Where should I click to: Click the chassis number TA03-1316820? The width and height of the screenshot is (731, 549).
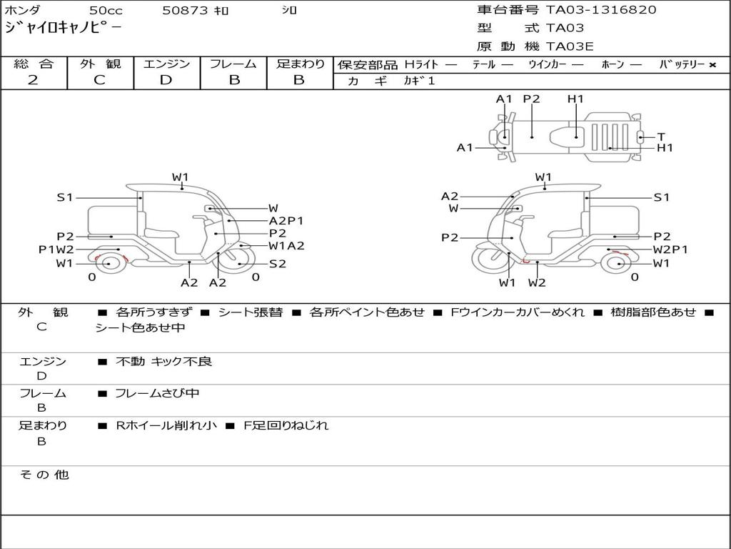point(601,10)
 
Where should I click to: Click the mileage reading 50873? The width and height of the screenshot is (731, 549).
point(185,11)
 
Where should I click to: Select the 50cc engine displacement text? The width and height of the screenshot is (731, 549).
point(106,11)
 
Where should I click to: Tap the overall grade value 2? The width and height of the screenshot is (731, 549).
point(33,80)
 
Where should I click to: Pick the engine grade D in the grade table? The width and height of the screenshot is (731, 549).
point(166,80)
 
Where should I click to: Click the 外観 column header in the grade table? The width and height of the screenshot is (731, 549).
point(100,64)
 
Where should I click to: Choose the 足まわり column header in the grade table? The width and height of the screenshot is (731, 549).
point(301,64)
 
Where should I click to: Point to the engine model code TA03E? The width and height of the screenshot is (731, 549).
point(570,47)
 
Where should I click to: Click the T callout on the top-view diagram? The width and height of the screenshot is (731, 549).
point(661,137)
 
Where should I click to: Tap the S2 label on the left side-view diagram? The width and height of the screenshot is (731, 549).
point(278,264)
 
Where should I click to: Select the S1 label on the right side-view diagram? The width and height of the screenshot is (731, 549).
point(662,197)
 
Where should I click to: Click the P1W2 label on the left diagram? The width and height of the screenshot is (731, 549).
point(56,249)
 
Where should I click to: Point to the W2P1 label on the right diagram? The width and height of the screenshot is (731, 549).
point(670,249)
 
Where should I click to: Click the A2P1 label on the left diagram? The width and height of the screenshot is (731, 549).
point(286,221)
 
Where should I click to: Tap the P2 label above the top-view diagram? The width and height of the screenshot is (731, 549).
point(531,99)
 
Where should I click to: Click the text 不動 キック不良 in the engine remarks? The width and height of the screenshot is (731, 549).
point(164,362)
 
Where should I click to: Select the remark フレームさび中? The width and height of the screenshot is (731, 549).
point(157,393)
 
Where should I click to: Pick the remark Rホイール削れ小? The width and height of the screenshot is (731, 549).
point(166,425)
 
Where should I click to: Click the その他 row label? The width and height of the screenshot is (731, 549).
point(44,475)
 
